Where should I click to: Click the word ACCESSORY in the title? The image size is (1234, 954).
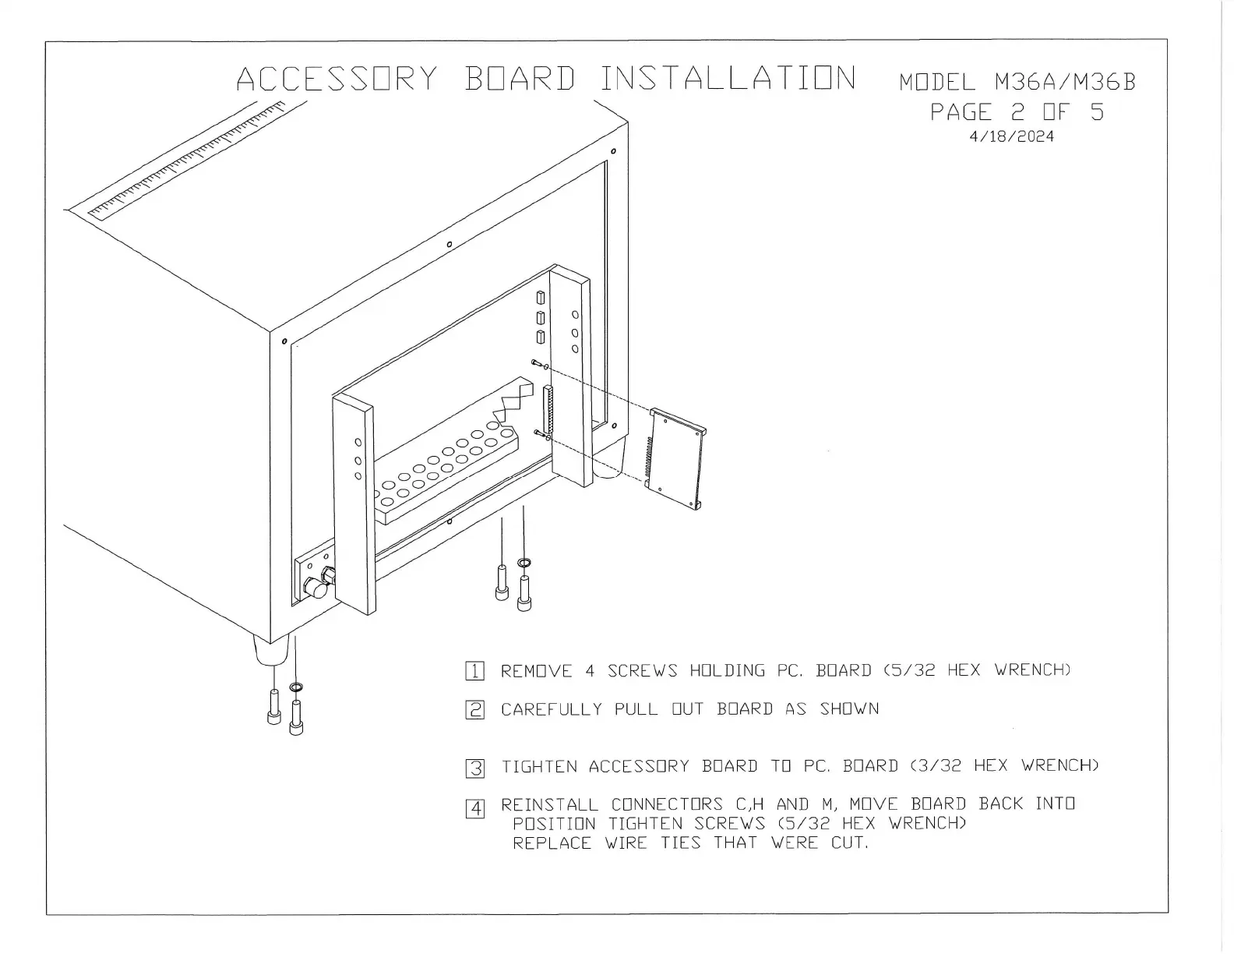tap(337, 79)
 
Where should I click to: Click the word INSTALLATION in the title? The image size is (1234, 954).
tap(728, 79)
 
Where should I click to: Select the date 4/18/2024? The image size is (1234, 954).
tap(1011, 137)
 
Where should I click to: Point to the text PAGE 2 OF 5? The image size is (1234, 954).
tap(1017, 112)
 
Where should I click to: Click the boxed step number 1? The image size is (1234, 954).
tap(474, 671)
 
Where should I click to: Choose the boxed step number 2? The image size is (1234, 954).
tap(474, 710)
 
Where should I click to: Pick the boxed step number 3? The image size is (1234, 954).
tap(475, 768)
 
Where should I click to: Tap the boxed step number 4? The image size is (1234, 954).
tap(475, 808)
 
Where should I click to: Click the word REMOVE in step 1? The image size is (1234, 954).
tap(536, 671)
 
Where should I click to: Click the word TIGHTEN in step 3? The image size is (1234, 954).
tap(539, 767)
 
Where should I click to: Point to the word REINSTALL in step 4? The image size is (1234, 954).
tap(549, 804)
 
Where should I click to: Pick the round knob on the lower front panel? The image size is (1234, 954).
tap(316, 589)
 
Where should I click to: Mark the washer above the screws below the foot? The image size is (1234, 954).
tap(296, 687)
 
